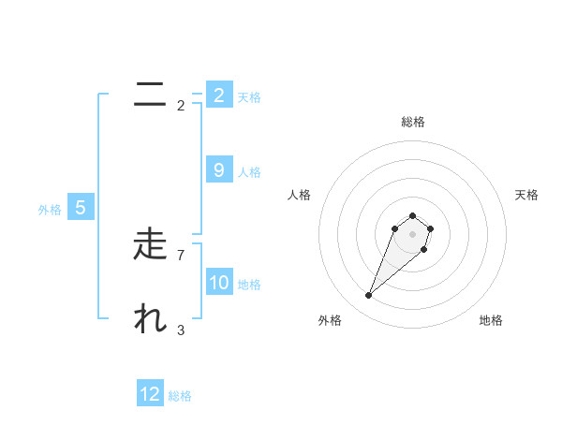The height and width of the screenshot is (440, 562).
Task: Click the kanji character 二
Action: coord(150,95)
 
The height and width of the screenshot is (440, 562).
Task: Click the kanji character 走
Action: coord(150,244)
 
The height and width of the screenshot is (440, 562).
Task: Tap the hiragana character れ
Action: coord(150,319)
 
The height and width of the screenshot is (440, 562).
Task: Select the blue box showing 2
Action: coord(218,95)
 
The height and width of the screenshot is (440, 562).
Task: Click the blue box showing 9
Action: coord(218,170)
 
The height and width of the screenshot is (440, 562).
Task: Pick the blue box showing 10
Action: coord(218,282)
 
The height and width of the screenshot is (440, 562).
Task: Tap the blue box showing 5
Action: coord(80,208)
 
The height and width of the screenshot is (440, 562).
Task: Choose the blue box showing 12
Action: coord(150,394)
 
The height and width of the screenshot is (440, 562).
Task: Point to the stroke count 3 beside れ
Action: coord(180,330)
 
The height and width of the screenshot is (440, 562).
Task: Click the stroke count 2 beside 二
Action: coord(180,105)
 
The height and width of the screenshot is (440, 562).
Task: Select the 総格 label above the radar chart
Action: coord(412,122)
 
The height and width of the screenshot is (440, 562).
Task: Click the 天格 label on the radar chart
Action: coord(526,195)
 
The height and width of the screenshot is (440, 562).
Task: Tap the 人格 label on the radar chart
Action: coord(300,195)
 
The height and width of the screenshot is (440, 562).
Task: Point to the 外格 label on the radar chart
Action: coord(330,320)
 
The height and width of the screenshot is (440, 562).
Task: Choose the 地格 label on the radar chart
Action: coord(491,320)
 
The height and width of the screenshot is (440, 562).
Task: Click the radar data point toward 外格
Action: coord(368,296)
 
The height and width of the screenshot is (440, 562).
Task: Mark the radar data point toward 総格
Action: coord(412,216)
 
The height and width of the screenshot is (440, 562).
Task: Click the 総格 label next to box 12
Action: coord(180,396)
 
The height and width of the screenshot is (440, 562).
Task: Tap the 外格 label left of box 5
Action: coord(50,210)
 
